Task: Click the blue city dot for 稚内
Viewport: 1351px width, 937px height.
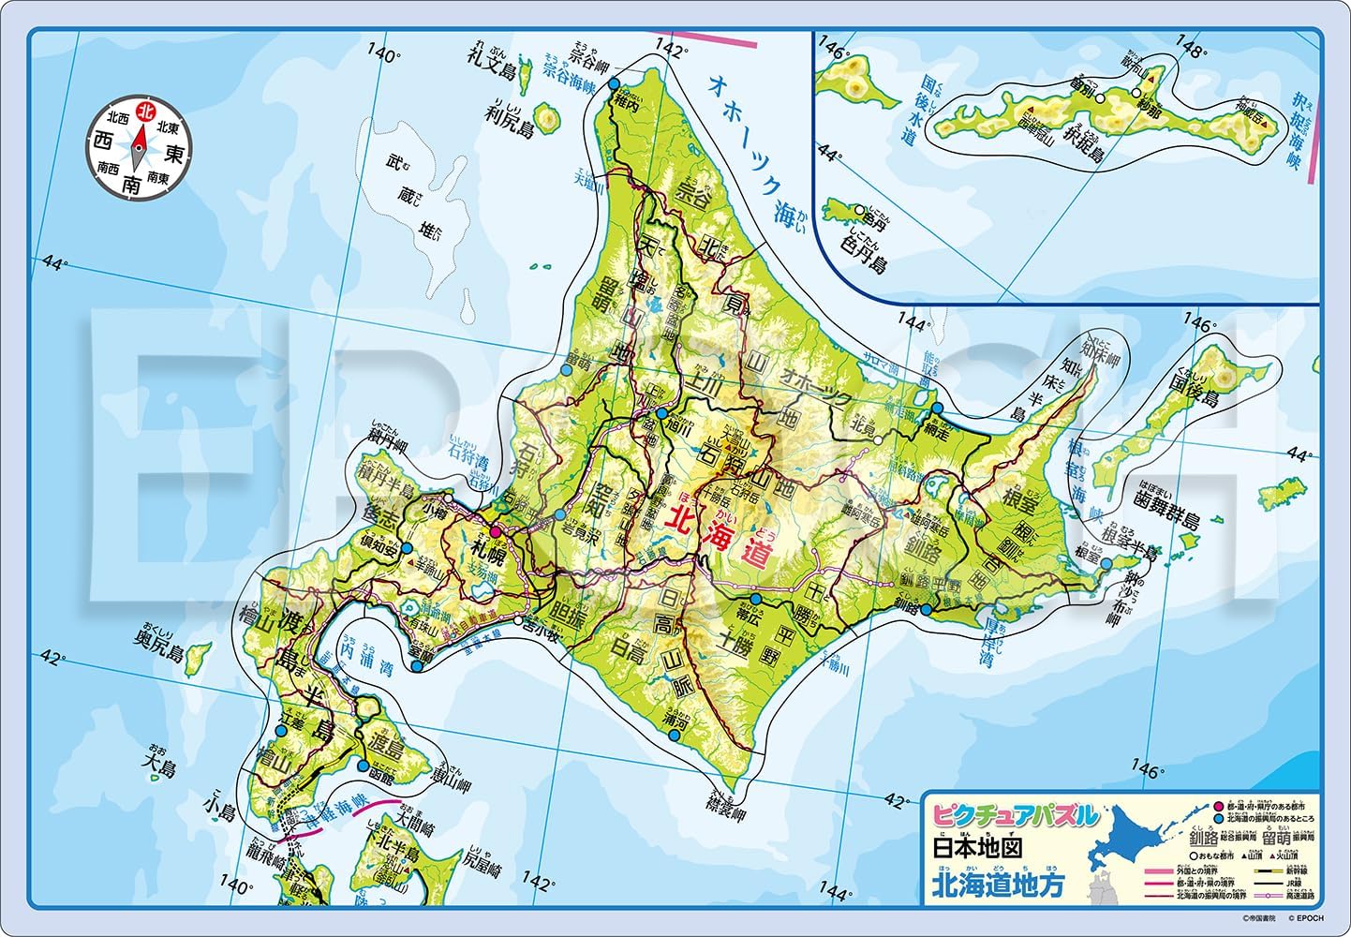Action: click(x=614, y=84)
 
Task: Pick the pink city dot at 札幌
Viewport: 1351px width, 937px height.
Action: click(x=496, y=531)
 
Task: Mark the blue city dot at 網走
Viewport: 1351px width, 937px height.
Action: click(x=934, y=409)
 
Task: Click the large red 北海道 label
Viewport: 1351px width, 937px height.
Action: click(x=716, y=531)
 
